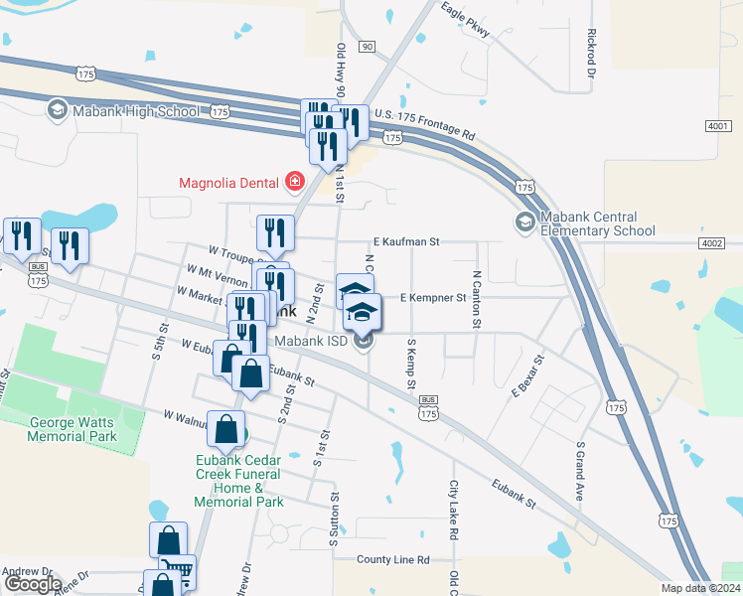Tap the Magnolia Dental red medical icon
coord(294,182)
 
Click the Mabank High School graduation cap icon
coord(58,109)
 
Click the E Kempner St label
coord(432,297)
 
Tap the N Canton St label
coord(477,300)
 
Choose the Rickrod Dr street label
coord(591,54)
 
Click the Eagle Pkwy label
coord(467,22)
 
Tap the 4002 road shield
coord(711,243)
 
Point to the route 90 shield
coord(368,47)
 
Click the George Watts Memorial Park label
coord(72,429)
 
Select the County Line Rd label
coord(393,560)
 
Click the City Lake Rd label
coord(453,511)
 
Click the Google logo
coord(32,584)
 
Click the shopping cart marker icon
coord(179,572)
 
